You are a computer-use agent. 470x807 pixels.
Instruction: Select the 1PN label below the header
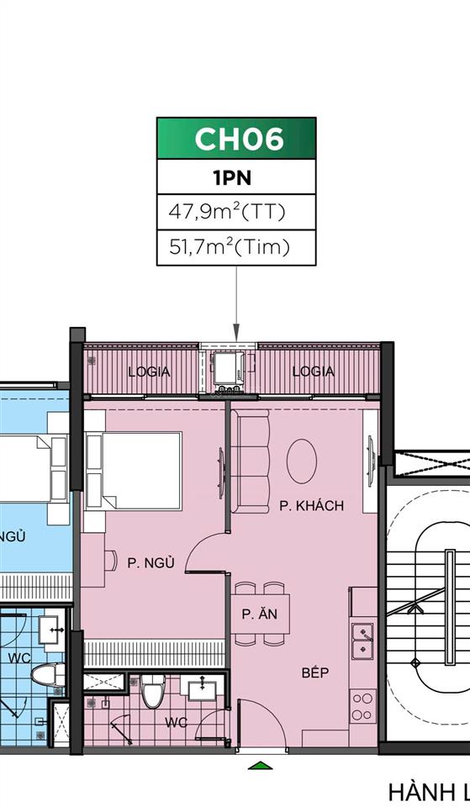(x=235, y=178)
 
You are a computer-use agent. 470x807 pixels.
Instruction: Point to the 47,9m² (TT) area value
(x=228, y=212)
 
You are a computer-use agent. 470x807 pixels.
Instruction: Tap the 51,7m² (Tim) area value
(x=230, y=247)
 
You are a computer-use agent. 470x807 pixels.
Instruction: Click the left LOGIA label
(x=149, y=372)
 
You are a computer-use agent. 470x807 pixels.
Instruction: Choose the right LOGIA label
(x=313, y=372)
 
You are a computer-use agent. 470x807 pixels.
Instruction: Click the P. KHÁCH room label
(x=312, y=506)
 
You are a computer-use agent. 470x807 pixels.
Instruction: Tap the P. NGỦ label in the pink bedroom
(x=151, y=563)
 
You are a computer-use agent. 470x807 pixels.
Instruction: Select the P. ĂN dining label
(x=260, y=614)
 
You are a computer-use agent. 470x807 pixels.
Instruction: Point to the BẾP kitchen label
(x=315, y=672)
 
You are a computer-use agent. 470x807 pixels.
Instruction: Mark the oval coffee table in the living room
(x=302, y=460)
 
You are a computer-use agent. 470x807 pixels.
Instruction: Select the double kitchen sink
(x=363, y=641)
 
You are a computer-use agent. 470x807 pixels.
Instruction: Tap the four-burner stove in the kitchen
(x=363, y=706)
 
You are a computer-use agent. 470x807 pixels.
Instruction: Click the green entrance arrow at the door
(x=261, y=766)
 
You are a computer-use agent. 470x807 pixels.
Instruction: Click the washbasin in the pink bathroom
(x=202, y=689)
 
